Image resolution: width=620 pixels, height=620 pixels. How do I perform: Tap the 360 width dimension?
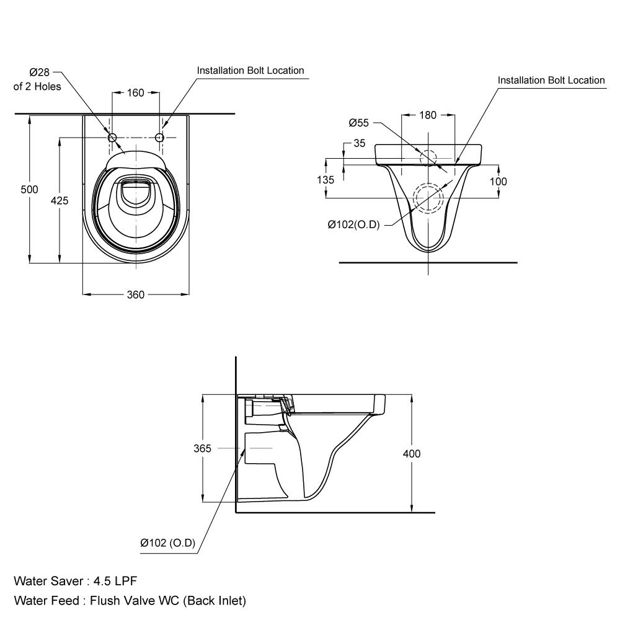[136, 294]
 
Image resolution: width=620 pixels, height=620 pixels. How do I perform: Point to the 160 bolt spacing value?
[135, 93]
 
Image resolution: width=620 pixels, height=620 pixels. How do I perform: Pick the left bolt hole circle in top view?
[113, 137]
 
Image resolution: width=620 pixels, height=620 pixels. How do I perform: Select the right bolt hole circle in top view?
[159, 137]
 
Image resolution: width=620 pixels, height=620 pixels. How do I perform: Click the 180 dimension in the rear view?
[428, 115]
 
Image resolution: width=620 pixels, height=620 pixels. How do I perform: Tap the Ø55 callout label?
[358, 122]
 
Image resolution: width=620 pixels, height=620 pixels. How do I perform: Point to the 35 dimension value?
[359, 143]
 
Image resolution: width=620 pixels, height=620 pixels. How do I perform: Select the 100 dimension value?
[498, 181]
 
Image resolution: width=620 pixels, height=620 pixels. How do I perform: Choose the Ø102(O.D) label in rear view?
[353, 224]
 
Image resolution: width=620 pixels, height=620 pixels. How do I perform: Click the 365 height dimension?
[203, 448]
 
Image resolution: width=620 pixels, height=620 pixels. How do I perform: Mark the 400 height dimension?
[412, 454]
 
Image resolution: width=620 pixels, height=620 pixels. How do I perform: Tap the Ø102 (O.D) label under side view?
[168, 544]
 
